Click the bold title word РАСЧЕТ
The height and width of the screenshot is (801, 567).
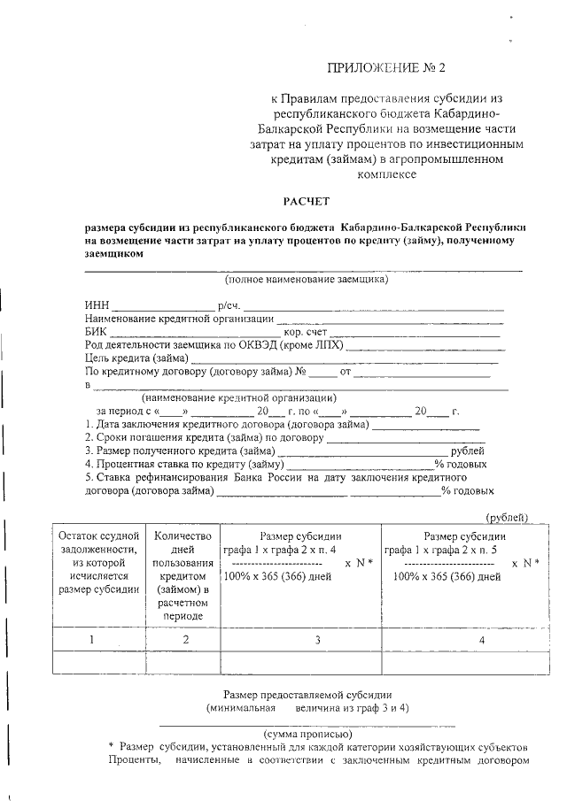click(307, 202)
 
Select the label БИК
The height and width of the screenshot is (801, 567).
click(96, 331)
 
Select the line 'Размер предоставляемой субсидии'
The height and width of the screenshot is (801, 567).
click(307, 695)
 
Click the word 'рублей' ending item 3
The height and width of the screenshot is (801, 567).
click(467, 451)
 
